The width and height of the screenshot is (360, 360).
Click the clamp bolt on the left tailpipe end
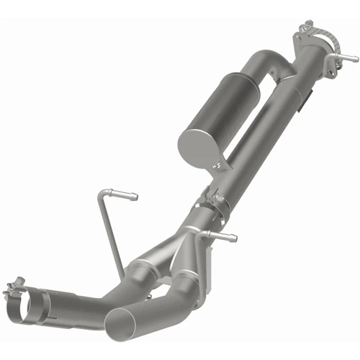pyautogui.click(x=16, y=286)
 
